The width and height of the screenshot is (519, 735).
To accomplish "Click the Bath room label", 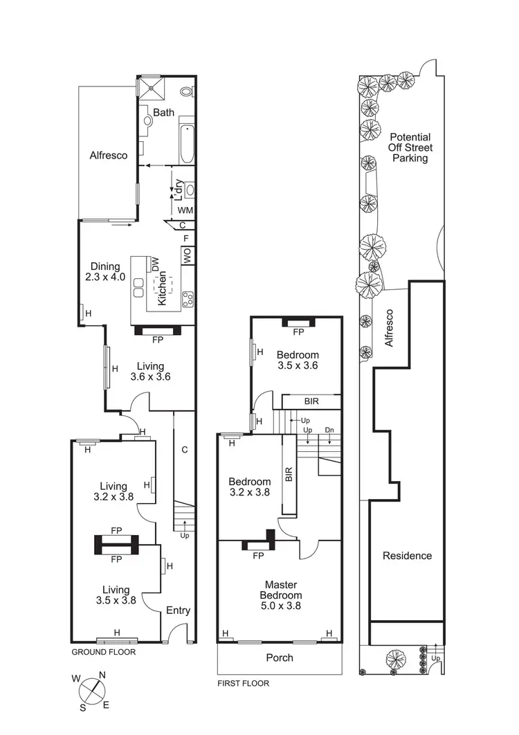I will click(x=164, y=112).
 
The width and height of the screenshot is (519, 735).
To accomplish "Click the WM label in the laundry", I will click(x=185, y=210).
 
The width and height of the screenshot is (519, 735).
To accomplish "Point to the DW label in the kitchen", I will click(x=156, y=263).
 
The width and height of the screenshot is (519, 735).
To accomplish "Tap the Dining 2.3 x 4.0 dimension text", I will click(x=105, y=272).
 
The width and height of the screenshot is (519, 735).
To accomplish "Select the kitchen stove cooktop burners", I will click(x=188, y=300).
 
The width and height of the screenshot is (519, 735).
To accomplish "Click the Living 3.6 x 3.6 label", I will click(x=150, y=372).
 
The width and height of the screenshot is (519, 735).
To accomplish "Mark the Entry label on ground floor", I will click(x=178, y=610).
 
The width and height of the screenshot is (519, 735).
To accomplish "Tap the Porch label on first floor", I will click(x=280, y=657).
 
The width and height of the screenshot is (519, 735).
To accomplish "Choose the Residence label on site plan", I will click(x=407, y=556).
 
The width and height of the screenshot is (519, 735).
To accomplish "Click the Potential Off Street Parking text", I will click(x=410, y=147).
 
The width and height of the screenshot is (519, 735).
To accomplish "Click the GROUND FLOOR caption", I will click(x=104, y=652).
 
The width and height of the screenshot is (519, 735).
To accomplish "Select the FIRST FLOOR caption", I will click(x=244, y=683).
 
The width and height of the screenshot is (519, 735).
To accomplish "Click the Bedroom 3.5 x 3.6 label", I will click(x=297, y=360).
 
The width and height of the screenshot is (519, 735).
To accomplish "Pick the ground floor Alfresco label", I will click(x=109, y=156).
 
